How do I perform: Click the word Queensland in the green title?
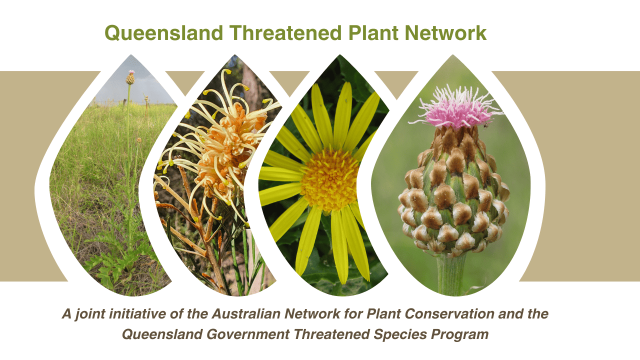click(163, 33)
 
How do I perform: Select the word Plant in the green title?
click(373, 33)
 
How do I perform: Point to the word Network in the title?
click(445, 33)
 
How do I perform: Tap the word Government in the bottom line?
click(248, 334)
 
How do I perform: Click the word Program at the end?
click(459, 335)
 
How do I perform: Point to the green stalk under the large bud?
click(450, 274)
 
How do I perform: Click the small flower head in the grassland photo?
click(130, 77)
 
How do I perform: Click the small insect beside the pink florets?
click(485, 124)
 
